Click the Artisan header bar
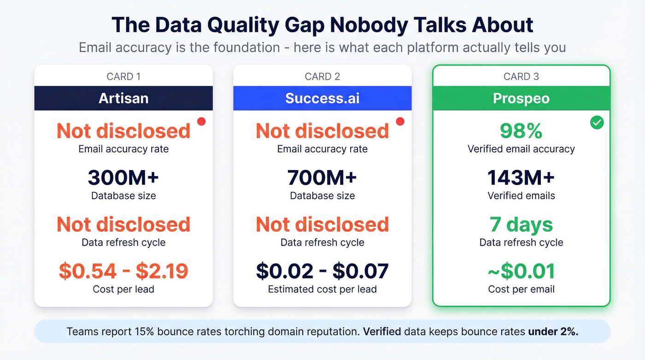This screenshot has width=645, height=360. point(123,98)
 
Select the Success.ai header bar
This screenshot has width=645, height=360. point(322,98)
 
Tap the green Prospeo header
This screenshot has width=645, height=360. point(521,98)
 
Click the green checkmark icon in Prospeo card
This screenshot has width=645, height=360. point(597,123)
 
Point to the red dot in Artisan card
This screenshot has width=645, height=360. point(201,121)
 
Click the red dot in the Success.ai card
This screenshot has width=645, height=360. point(400,121)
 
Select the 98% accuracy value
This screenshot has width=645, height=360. point(521,131)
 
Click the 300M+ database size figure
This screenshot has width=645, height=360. point(123,178)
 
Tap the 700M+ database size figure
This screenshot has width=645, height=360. point(322,178)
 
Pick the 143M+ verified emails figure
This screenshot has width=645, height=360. point(521,178)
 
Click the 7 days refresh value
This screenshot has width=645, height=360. point(521,225)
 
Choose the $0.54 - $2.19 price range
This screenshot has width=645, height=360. point(123,271)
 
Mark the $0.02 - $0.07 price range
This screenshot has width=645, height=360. point(322,271)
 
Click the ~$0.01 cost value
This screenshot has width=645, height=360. point(521,271)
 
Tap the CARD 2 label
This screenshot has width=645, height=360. point(322,77)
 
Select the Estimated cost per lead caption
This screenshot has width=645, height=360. point(322,289)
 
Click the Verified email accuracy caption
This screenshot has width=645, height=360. point(521,149)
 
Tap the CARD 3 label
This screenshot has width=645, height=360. point(521,77)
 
